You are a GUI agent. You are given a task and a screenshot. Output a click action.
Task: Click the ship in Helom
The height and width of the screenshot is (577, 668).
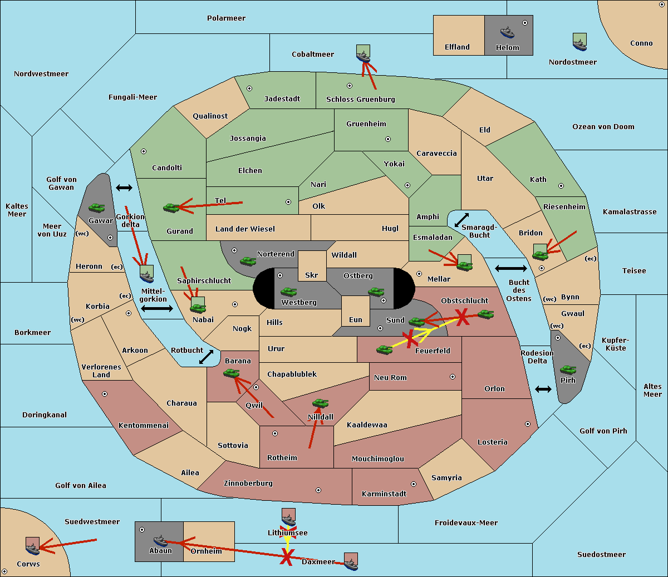point(507,32)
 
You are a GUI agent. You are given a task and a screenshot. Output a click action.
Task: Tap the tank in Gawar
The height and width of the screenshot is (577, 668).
point(97,208)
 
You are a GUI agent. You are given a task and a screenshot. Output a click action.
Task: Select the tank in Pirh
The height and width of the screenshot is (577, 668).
point(568,369)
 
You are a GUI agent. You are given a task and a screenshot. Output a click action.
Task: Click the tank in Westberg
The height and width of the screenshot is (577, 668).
point(288,292)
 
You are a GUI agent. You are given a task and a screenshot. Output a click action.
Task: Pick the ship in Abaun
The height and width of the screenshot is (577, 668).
point(160,541)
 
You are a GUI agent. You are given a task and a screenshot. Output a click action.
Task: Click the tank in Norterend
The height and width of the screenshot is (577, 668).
point(248,261)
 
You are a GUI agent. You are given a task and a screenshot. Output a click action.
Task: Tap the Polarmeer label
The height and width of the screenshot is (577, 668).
point(226,18)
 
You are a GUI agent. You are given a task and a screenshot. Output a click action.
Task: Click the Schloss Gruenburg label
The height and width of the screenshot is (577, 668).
point(360,99)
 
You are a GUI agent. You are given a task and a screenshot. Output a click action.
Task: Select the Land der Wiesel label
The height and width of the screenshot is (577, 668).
point(245,229)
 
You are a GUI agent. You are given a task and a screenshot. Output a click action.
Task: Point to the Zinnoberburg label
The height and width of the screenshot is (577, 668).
point(248,484)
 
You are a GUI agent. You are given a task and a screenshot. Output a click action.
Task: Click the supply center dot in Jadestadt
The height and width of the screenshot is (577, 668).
point(249,88)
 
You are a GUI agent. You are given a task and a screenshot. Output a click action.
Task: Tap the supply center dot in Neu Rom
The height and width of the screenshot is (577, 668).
point(453,377)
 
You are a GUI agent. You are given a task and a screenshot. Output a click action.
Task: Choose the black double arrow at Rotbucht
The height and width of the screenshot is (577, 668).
point(206,357)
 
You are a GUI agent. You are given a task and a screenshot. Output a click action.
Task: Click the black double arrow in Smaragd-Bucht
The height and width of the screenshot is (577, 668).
point(461,220)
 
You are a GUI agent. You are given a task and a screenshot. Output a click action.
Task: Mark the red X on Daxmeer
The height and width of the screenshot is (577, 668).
point(287,556)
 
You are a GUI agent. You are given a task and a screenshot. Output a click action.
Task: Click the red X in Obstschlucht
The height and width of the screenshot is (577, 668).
point(462,317)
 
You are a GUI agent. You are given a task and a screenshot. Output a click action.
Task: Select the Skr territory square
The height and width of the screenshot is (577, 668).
point(312,266)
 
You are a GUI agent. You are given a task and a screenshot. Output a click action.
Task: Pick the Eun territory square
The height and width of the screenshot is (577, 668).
point(356,311)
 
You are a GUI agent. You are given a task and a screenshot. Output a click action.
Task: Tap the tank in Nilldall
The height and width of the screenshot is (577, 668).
point(320,403)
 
